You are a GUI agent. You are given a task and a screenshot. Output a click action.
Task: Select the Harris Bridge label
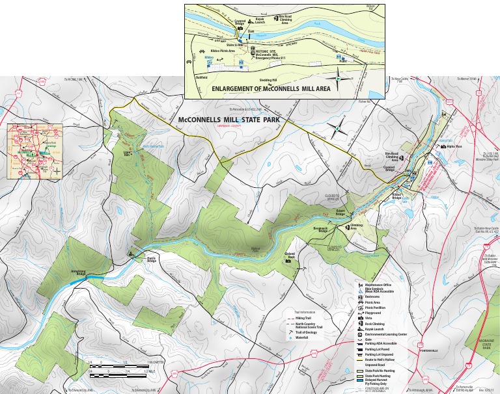point(149,257)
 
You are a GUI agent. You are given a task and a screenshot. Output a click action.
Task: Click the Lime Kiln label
point(128,154)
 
